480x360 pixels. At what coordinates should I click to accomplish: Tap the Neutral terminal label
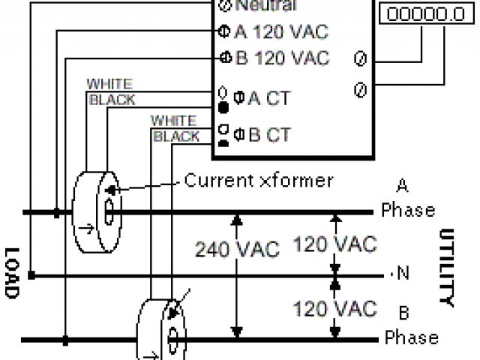[266, 6]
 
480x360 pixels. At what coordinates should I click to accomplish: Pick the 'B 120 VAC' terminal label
[282, 58]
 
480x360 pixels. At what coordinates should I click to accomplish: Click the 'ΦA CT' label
[262, 97]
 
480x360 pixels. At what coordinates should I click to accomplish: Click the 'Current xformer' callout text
[259, 180]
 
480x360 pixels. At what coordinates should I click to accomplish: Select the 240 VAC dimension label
[237, 248]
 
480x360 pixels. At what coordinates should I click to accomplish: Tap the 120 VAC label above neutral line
[334, 244]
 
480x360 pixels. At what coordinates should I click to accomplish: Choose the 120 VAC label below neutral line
[334, 308]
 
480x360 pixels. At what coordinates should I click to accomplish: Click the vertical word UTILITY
[445, 267]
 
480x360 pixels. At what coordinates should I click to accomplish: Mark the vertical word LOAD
[10, 273]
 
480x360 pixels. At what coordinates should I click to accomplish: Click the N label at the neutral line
[403, 274]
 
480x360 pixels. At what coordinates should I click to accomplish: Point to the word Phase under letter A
[408, 209]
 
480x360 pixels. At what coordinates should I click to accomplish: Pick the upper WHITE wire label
[110, 82]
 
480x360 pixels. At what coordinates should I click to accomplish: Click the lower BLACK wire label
[176, 136]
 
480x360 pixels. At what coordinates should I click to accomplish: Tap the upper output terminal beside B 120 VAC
[358, 58]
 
